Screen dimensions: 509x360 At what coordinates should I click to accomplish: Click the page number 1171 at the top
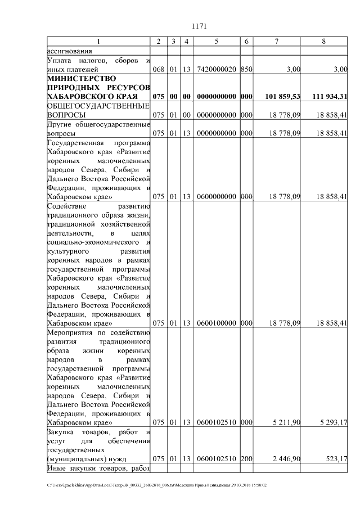click(200, 26)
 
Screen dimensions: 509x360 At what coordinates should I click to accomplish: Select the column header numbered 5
click(217, 41)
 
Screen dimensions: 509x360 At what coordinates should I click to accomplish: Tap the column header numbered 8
click(323, 41)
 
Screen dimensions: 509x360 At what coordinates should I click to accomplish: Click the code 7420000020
click(217, 69)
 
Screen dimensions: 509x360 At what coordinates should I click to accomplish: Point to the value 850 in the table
click(246, 69)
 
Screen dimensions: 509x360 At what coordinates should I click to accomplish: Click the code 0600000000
click(217, 197)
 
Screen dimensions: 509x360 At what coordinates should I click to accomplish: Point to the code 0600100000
click(217, 323)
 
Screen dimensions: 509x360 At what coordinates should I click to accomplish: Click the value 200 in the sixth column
click(246, 458)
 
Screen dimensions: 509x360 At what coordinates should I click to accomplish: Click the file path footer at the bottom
click(157, 484)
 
